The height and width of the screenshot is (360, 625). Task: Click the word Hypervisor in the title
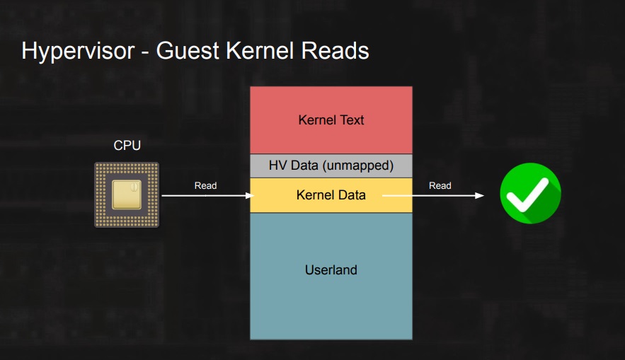[x=78, y=52]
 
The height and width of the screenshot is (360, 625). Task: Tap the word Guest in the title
[x=188, y=51]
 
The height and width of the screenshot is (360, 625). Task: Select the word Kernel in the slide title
[x=260, y=51]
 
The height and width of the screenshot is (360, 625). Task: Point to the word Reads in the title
[x=335, y=51]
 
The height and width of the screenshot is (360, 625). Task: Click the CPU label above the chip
[x=127, y=146]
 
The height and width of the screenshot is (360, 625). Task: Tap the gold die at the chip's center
[x=127, y=194]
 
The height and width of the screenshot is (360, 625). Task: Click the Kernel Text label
[x=331, y=120]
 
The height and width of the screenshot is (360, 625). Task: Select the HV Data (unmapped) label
[x=331, y=166]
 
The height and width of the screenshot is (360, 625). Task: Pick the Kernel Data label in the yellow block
[x=331, y=194]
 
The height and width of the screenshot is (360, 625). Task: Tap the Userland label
[x=331, y=269]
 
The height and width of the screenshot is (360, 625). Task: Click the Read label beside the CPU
[x=206, y=185]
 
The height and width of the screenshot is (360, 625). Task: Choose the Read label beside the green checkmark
[x=440, y=185]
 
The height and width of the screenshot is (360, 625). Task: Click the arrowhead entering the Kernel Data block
[x=250, y=195]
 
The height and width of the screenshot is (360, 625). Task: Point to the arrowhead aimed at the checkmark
[x=479, y=195]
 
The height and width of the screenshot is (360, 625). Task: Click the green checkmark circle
[x=531, y=194]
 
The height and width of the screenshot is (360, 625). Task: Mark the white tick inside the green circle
[x=527, y=194]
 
